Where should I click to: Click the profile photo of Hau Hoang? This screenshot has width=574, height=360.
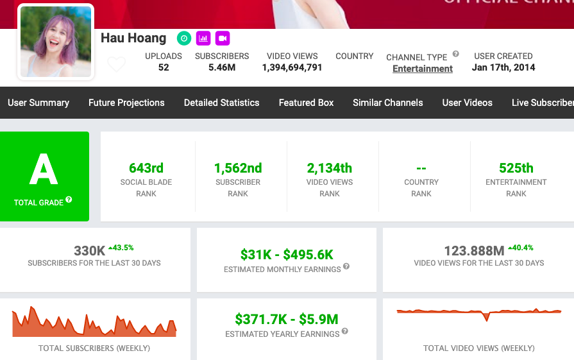[56, 42]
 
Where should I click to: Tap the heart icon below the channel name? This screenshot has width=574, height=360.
[116, 65]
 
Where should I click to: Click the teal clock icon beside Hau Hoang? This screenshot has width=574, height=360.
[183, 39]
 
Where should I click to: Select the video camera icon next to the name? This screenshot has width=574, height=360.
[223, 39]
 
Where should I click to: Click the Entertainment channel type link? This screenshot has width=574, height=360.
[423, 69]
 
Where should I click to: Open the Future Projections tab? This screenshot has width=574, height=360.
[126, 103]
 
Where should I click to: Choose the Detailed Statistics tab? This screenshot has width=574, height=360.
[222, 103]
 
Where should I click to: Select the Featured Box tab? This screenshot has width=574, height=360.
[306, 103]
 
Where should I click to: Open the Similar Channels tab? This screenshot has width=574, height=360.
[388, 103]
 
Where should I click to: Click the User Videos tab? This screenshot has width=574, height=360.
[468, 103]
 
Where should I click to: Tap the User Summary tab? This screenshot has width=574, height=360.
[38, 103]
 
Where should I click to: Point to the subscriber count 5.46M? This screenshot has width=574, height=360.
[222, 67]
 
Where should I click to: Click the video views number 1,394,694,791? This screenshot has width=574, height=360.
[292, 67]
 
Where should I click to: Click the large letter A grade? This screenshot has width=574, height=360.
[44, 170]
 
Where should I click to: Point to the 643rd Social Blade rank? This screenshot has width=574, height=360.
[146, 168]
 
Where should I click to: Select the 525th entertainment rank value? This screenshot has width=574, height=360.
[516, 168]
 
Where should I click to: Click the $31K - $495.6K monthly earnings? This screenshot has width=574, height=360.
[287, 255]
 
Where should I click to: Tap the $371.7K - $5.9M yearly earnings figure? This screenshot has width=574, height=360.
[287, 319]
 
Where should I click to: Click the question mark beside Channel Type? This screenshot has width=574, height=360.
[455, 55]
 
